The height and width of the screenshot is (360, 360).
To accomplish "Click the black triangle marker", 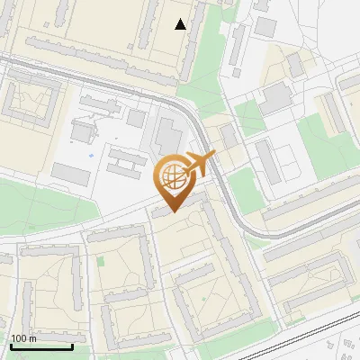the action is point(181,24).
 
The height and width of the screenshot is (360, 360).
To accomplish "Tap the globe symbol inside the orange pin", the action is point(173,176).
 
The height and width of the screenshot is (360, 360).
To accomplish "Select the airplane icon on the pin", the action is point(199,165).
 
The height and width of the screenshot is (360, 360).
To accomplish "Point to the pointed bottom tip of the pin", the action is point(173,212).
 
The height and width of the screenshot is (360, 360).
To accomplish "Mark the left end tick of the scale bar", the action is point(10,346).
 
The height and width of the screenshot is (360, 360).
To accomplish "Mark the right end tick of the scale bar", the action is point(72,346).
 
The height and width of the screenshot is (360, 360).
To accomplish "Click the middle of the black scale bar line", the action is point(40,347).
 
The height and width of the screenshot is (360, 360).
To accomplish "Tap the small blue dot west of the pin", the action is point(91,156).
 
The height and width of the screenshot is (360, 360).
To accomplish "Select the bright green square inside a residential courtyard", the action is point(101,262).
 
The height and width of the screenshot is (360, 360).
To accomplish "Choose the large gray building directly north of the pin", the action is point(168,137).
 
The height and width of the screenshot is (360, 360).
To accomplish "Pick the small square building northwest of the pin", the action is point(136,118).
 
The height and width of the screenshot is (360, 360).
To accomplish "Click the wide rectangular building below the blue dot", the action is point(70,174).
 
